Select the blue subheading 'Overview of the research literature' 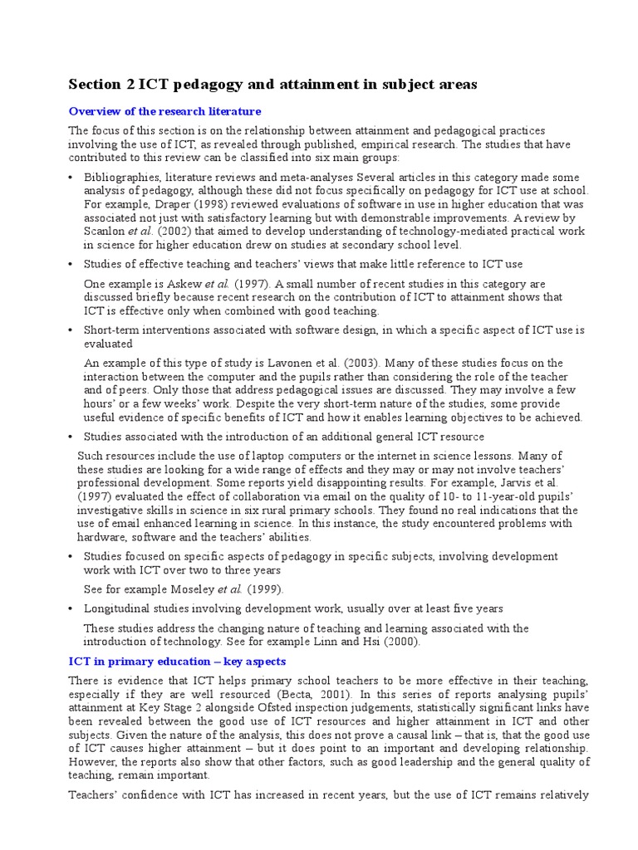click(164, 110)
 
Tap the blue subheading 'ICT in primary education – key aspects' click(176, 662)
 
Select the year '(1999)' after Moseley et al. click(264, 589)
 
